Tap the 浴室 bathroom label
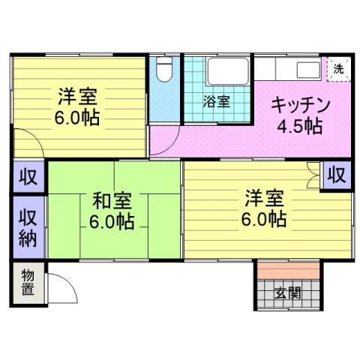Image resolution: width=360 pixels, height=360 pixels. (x=217, y=102)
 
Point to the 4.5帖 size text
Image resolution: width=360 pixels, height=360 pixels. (x=299, y=125)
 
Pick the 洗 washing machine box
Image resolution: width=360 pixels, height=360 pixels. (x=338, y=68)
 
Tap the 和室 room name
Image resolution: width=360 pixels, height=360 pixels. (x=112, y=200)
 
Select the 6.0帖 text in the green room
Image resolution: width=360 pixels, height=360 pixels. (x=112, y=222)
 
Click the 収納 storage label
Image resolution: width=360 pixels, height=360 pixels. (x=28, y=227)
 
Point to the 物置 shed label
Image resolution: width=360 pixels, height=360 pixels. (x=27, y=281)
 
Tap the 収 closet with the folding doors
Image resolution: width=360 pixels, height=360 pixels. (x=337, y=175)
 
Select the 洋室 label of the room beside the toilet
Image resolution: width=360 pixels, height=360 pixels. (x=78, y=97)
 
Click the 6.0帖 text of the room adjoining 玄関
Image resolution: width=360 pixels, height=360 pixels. (x=264, y=220)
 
